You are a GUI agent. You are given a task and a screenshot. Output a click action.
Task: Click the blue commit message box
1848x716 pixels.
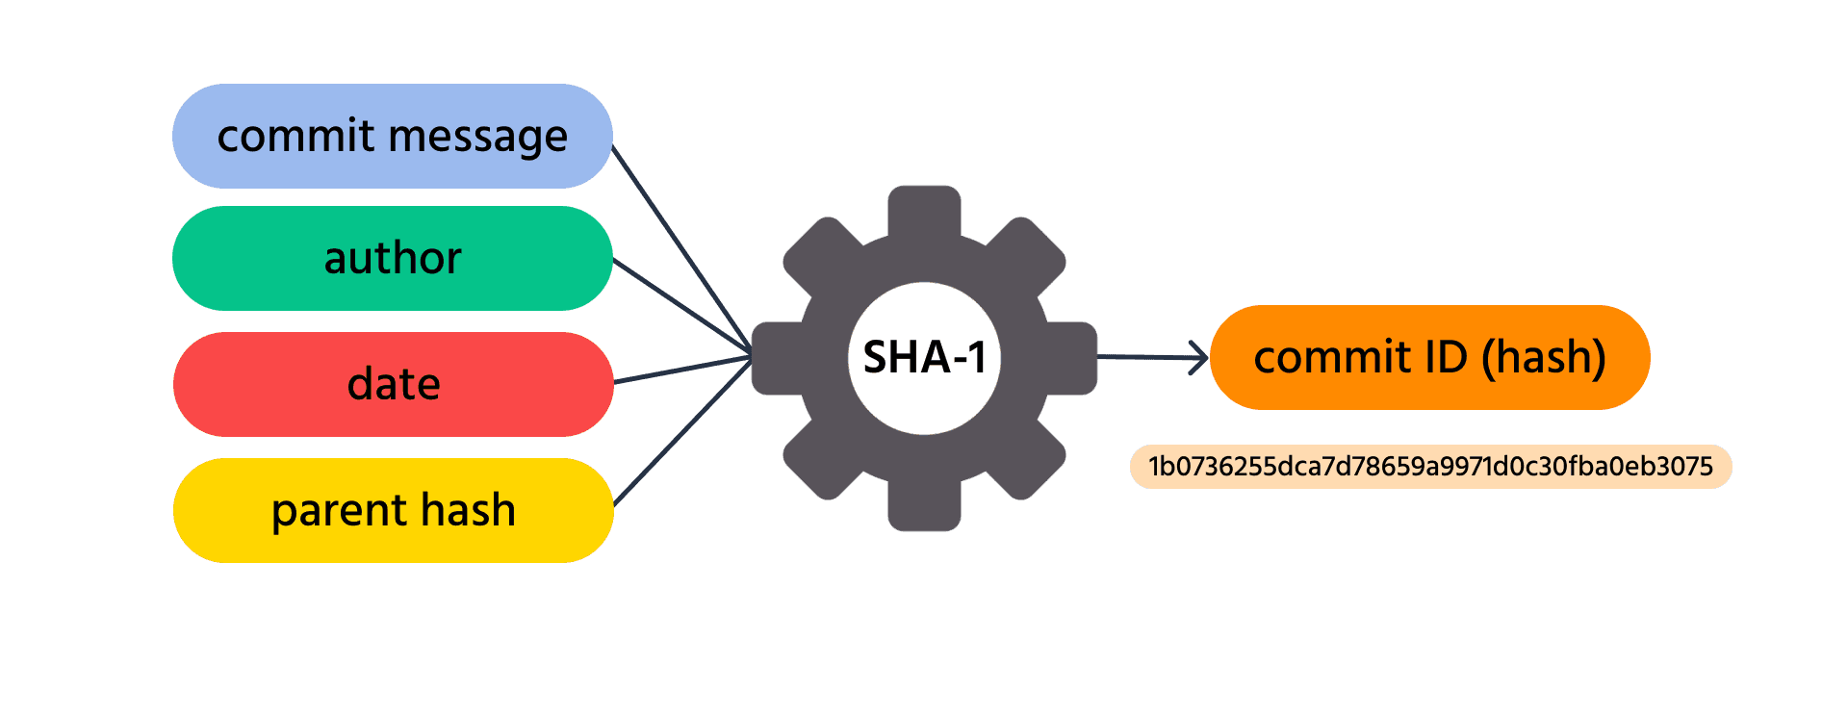[393, 136]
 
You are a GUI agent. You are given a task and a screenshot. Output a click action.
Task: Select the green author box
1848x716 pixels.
[393, 258]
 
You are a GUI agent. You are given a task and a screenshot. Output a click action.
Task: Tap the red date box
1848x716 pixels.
[393, 384]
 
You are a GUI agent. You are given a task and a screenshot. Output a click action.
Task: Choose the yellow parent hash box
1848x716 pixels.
[393, 510]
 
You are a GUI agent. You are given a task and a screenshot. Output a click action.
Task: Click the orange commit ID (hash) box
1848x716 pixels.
[1430, 357]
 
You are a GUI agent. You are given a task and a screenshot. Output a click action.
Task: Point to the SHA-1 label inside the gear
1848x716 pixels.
[925, 357]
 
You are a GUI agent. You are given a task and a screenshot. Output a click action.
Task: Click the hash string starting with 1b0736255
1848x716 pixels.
[1431, 467]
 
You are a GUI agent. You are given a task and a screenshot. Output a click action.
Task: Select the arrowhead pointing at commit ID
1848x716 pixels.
[1200, 358]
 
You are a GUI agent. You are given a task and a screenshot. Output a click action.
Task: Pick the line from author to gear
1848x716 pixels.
[683, 307]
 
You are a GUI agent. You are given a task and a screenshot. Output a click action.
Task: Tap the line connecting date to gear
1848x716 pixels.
[683, 370]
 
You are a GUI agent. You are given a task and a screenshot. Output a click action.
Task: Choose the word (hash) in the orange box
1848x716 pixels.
[1544, 358]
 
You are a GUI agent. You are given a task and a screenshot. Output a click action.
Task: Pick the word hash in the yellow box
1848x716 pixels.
[468, 509]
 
